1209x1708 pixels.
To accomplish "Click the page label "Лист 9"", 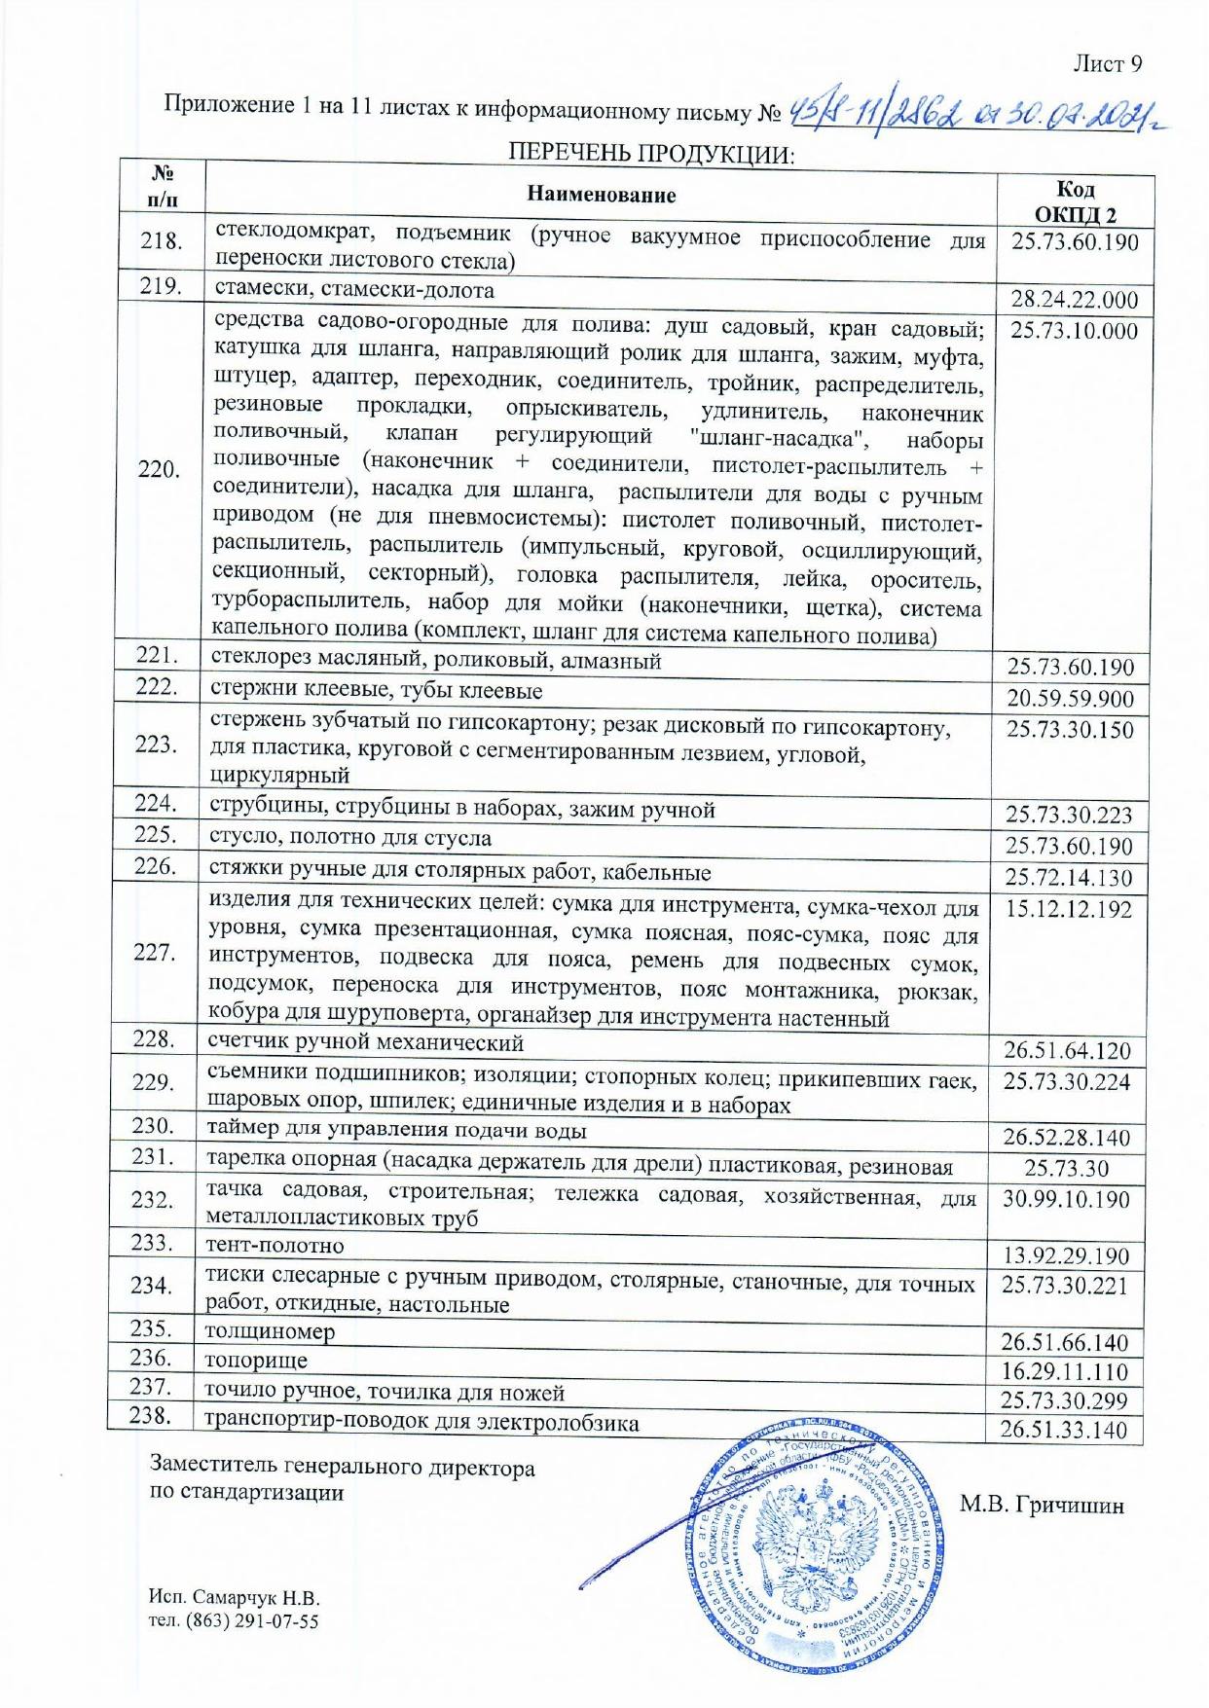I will tap(1107, 64).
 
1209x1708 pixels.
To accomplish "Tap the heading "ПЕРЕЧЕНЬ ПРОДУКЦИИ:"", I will tap(651, 155).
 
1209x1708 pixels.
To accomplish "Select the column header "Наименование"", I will tap(601, 194).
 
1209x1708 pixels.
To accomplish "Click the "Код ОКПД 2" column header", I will tap(1075, 201).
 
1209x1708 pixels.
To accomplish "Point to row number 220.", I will tap(159, 470).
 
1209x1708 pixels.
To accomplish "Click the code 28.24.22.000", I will tap(1074, 300).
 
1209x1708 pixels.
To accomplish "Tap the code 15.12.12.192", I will tap(1069, 909).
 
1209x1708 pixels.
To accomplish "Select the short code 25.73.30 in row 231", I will tap(1066, 1168).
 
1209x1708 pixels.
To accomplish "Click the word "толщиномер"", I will tap(270, 1331).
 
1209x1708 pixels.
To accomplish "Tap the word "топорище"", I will tap(256, 1361).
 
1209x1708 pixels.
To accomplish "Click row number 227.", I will tap(154, 953).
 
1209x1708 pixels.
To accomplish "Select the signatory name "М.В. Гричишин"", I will tap(1042, 1506).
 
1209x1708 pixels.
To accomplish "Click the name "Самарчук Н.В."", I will tap(256, 1598).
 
